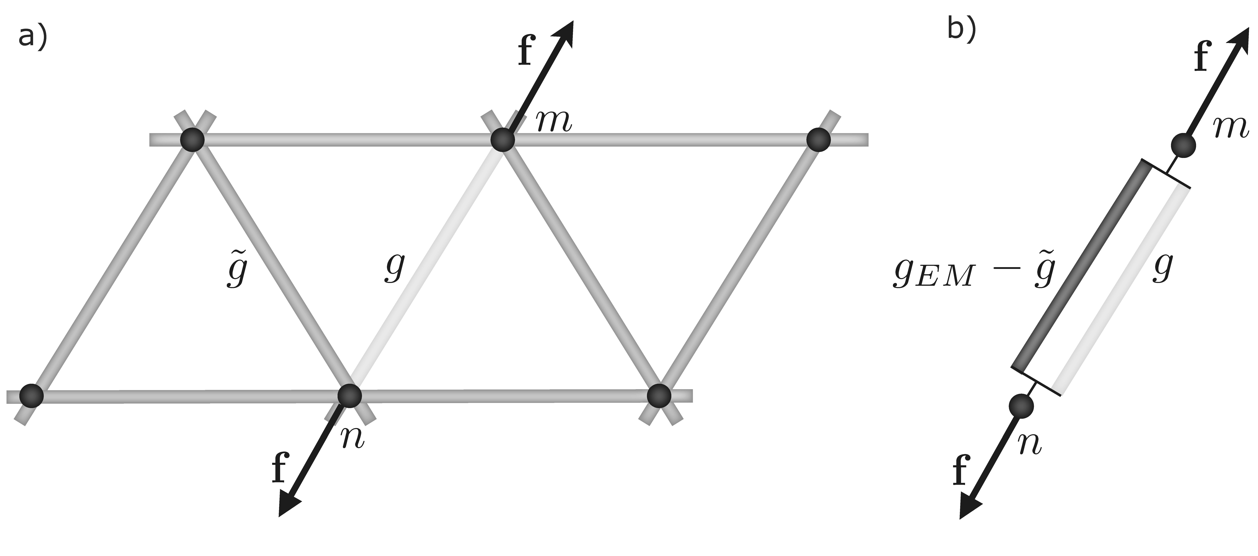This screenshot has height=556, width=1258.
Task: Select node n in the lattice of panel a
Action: tap(350, 395)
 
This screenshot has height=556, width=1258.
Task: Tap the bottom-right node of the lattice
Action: tap(659, 395)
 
